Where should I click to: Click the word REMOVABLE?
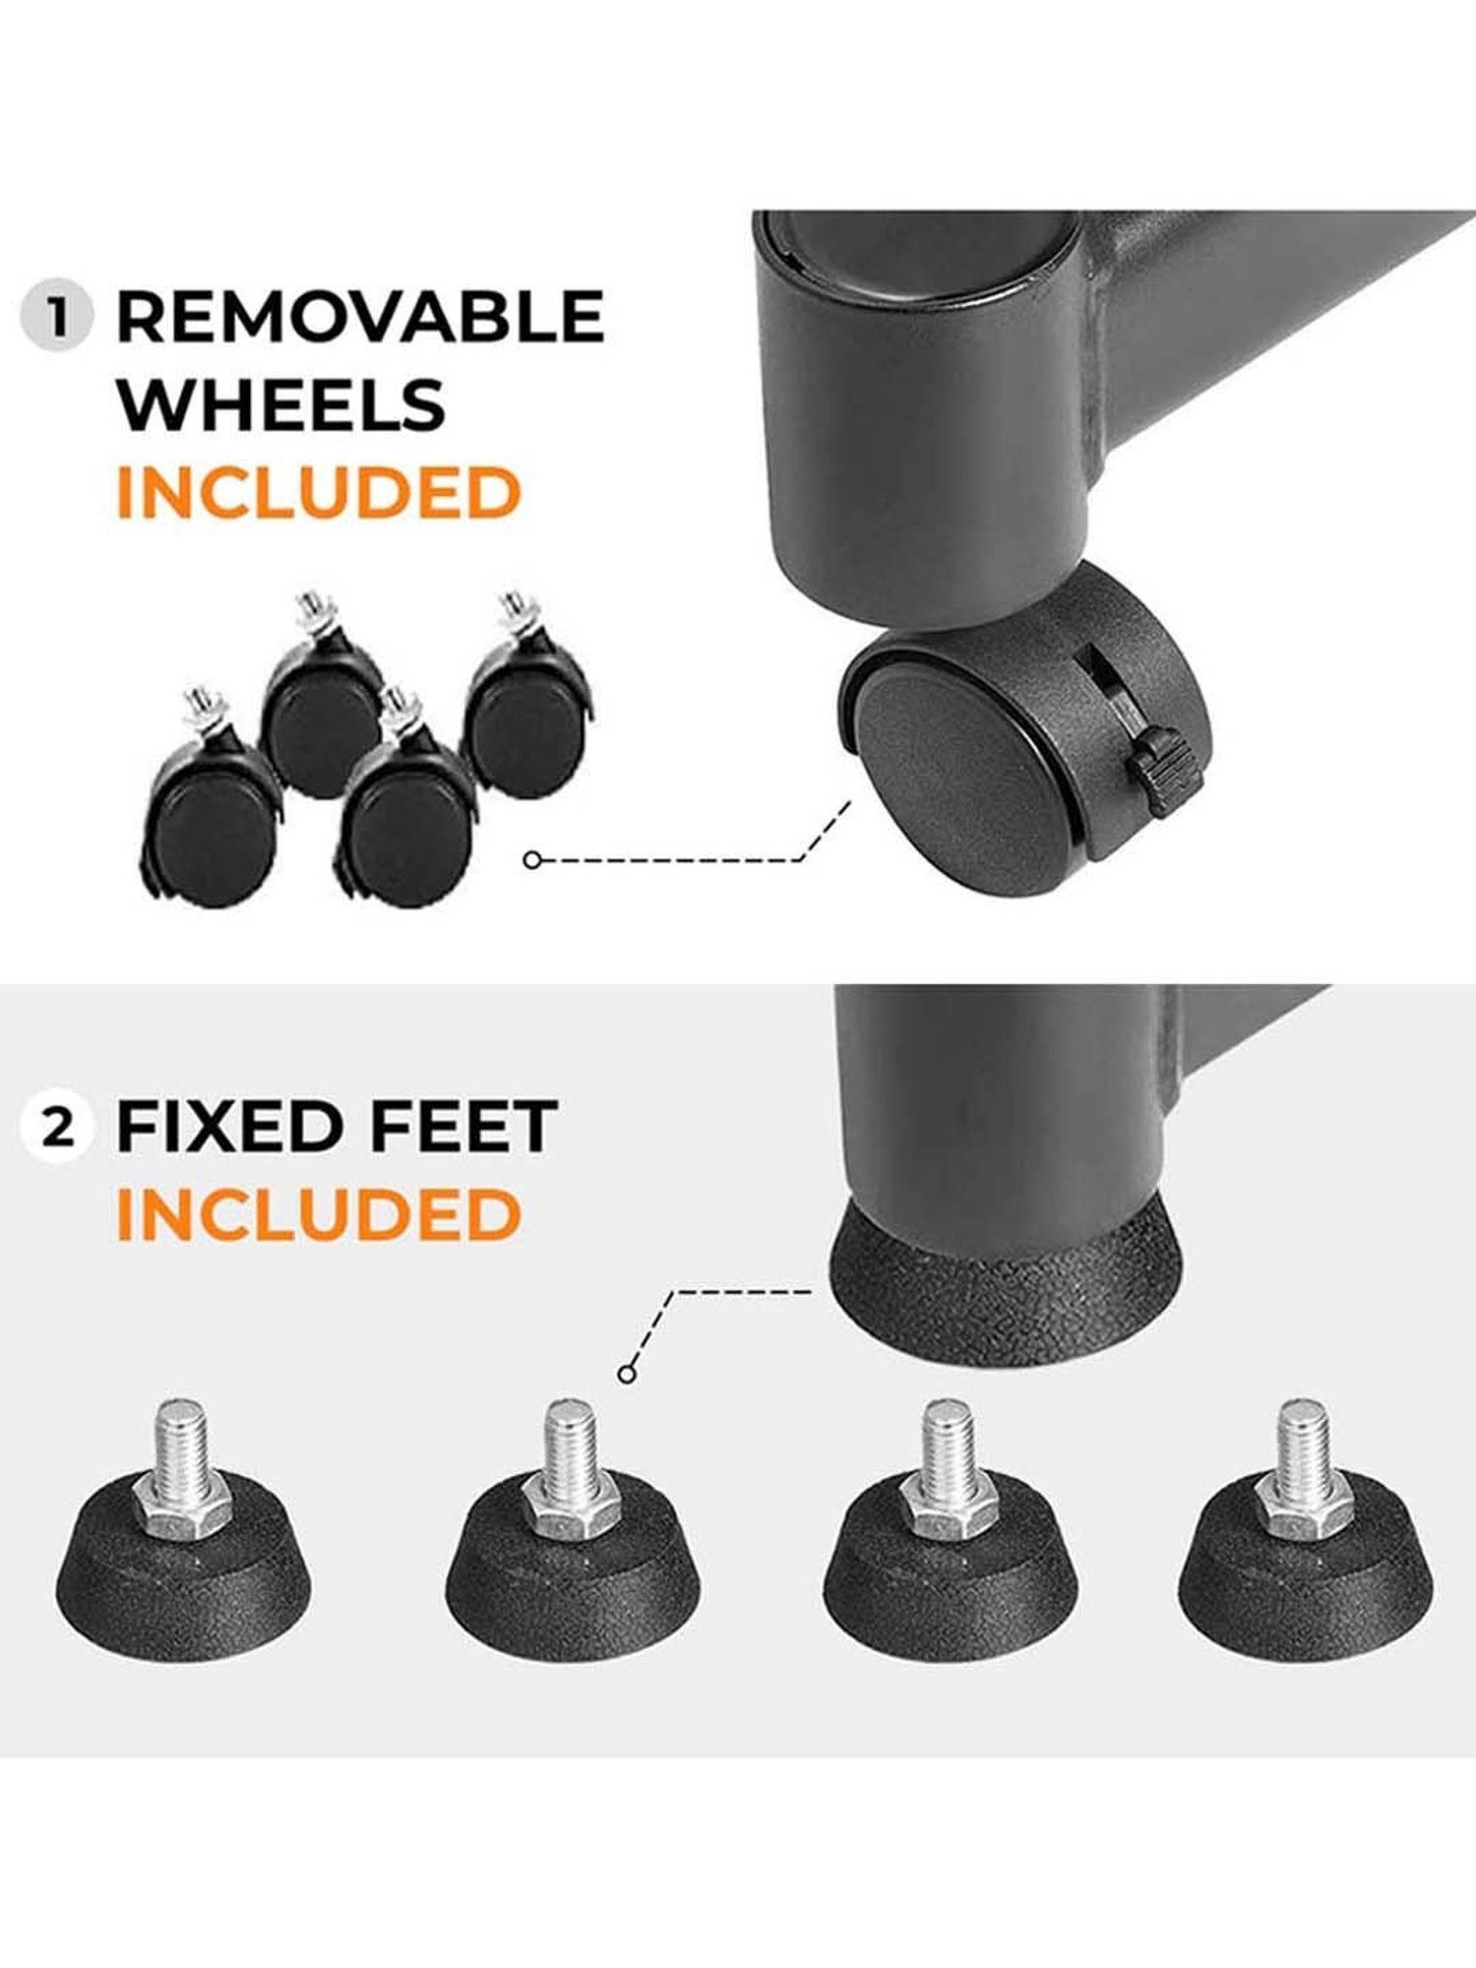click(360, 317)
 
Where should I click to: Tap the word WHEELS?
click(281, 404)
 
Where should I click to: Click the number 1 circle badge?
click(56, 317)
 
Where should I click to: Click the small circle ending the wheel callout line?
click(532, 860)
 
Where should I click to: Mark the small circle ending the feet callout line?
click(627, 1374)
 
